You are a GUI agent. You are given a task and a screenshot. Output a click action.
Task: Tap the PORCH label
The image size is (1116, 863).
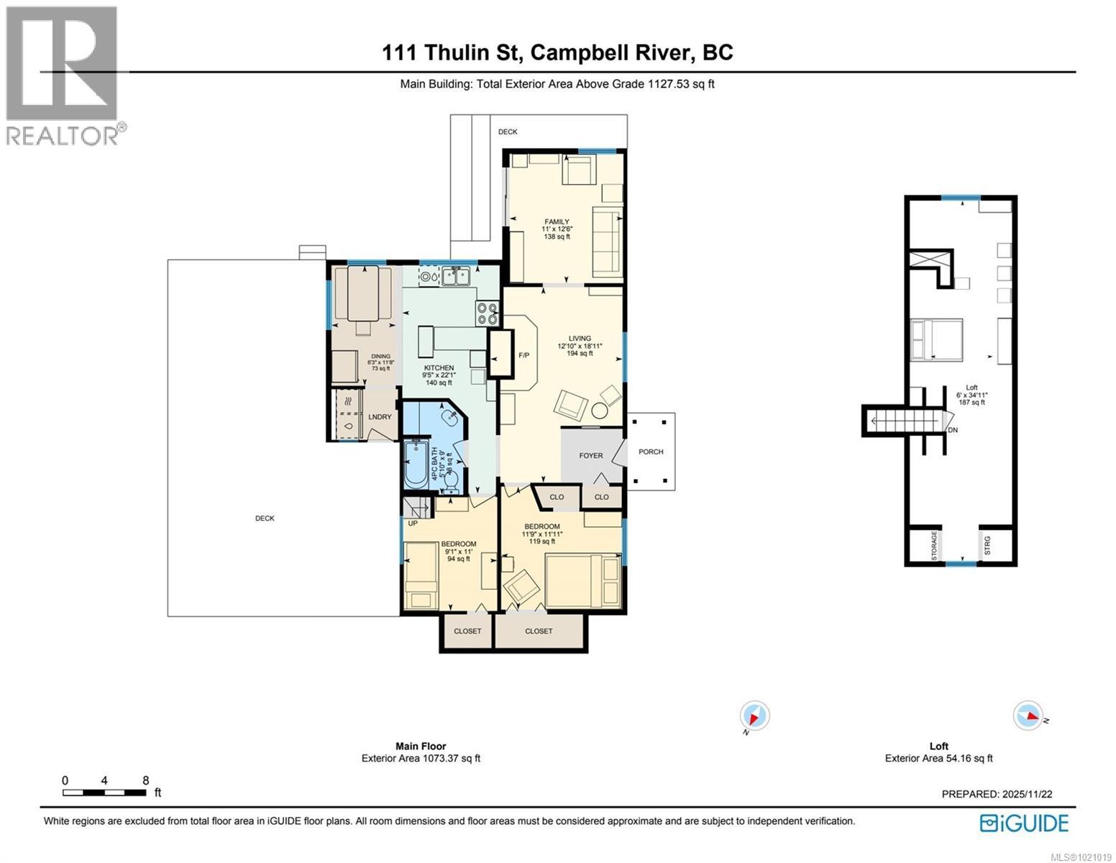[651, 452]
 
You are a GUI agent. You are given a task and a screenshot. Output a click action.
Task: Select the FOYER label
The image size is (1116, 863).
[591, 455]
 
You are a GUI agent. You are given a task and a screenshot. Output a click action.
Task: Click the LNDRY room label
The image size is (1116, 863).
[380, 417]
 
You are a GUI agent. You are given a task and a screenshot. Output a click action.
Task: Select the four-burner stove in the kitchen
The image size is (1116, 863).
[488, 313]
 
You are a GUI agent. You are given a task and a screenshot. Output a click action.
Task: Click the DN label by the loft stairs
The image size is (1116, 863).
[953, 430]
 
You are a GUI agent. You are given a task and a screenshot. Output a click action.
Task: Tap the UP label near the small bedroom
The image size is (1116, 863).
[413, 523]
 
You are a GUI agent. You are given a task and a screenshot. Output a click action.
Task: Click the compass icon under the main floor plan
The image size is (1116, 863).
[754, 716]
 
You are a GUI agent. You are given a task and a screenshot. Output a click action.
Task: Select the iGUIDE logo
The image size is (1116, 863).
[1025, 823]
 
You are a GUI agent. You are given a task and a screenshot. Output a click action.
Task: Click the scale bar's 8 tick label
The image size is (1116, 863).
[145, 780]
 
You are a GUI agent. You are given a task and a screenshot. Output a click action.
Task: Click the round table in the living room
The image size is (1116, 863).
[600, 411]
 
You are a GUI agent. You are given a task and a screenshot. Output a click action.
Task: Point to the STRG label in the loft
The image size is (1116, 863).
[987, 546]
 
